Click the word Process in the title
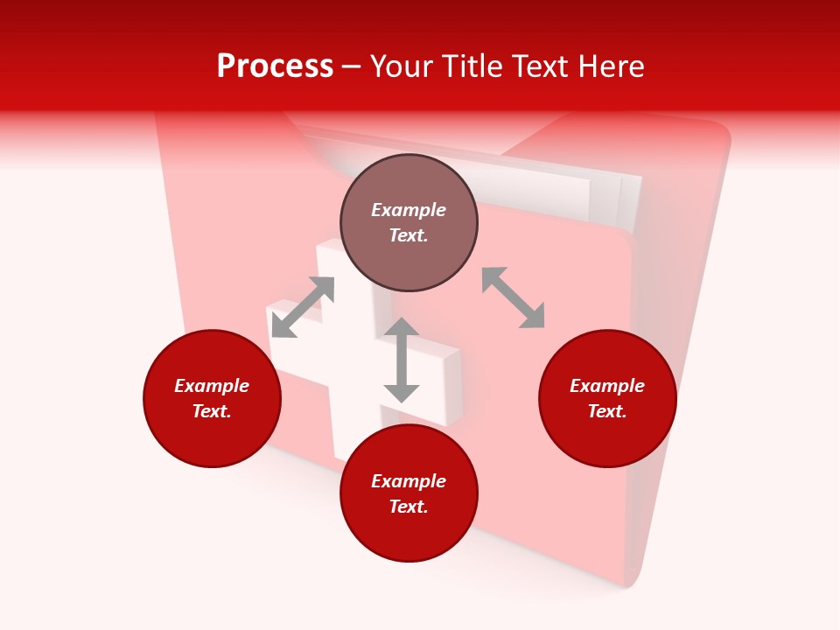pos(275,66)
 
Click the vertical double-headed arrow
pos(402,360)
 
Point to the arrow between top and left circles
pos(303,307)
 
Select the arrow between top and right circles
pos(513,297)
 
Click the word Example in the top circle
pos(409,210)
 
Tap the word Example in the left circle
pos(212,386)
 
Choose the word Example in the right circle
pos(607,386)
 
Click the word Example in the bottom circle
pos(409,481)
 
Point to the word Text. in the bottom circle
pos(409,507)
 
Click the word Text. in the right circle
pos(607,411)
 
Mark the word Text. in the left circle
pos(212,411)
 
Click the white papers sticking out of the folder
pos(560,188)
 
